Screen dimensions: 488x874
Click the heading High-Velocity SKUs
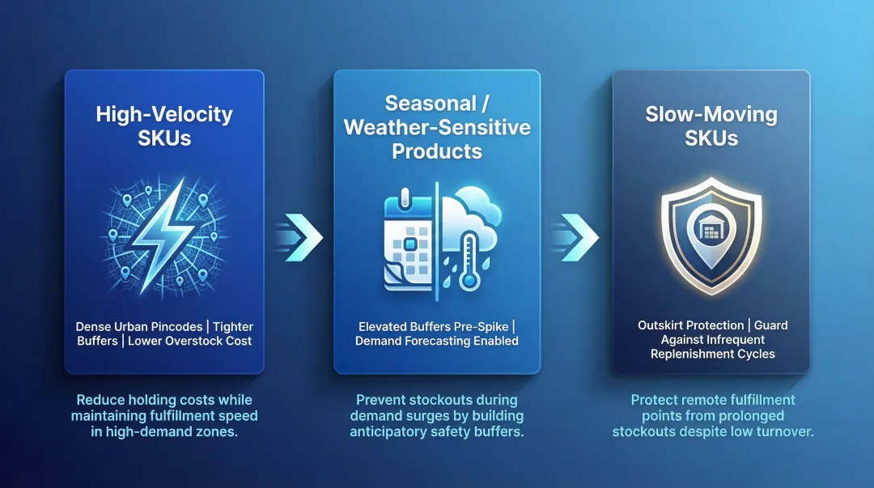point(164,125)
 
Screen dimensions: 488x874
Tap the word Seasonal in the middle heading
point(430,104)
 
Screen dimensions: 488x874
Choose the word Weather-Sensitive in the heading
point(437,127)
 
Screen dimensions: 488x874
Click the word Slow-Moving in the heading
point(711,114)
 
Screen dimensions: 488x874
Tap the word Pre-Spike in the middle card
point(481,327)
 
